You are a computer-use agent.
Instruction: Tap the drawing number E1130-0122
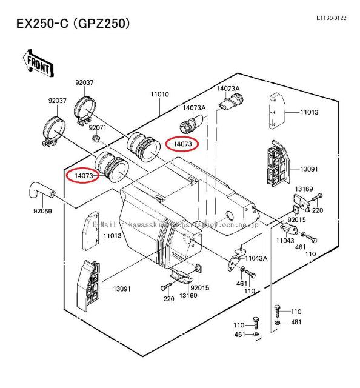pyautogui.click(x=331, y=18)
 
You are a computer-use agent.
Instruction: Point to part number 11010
pyautogui.click(x=160, y=95)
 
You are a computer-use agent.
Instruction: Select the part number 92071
pyautogui.click(x=98, y=128)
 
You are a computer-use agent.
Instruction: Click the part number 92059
pyautogui.click(x=35, y=212)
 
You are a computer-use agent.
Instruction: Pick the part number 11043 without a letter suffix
pyautogui.click(x=285, y=241)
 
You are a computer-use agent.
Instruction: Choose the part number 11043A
pyautogui.click(x=257, y=258)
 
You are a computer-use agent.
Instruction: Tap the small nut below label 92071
pyautogui.click(x=96, y=139)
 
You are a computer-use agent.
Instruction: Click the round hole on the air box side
pyautogui.click(x=230, y=216)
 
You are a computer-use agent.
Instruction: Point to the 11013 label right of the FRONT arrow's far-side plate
pyautogui.click(x=309, y=112)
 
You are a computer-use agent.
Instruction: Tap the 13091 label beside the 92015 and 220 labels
pyautogui.click(x=121, y=289)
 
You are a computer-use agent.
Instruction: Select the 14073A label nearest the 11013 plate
pyautogui.click(x=228, y=89)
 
